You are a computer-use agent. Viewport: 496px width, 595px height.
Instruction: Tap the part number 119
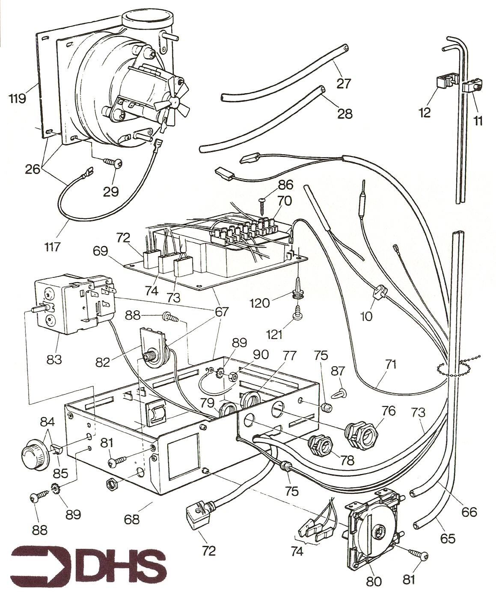(x=17, y=99)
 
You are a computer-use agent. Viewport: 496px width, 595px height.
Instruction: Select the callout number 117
(x=59, y=247)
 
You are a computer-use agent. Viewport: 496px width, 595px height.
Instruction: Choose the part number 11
(x=478, y=121)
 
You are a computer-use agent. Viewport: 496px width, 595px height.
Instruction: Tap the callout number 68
(x=132, y=519)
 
